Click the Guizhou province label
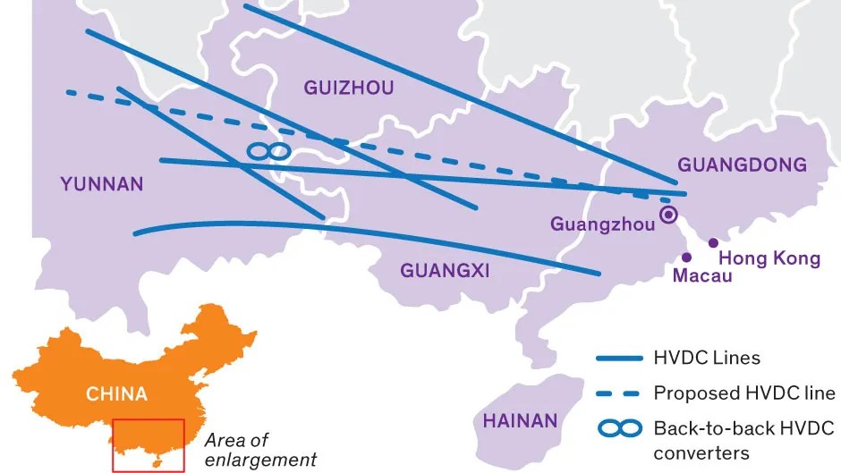click(349, 88)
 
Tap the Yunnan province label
click(102, 184)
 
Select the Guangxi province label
click(445, 270)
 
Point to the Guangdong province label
click(742, 165)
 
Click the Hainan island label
click(520, 420)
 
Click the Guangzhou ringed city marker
click(668, 215)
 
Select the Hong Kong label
click(769, 258)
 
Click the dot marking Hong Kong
click(713, 242)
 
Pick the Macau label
click(701, 275)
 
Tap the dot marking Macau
click(686, 258)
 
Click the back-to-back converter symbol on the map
click(268, 151)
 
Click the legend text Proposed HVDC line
click(744, 393)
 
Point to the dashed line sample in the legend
click(619, 393)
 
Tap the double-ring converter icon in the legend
click(619, 429)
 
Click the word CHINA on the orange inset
click(116, 393)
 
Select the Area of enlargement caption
click(259, 451)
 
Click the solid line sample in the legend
click(619, 358)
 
